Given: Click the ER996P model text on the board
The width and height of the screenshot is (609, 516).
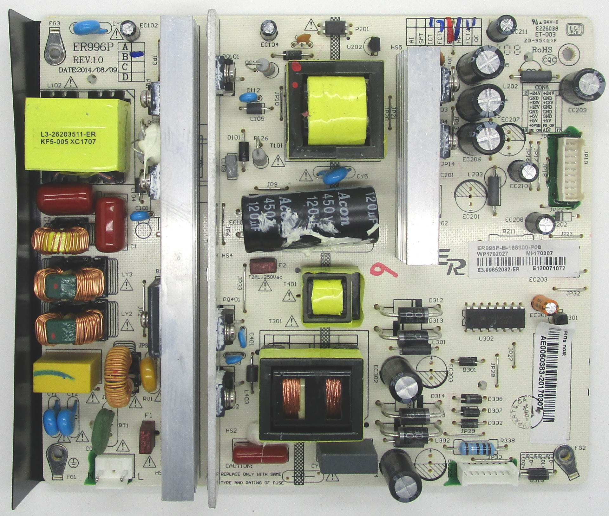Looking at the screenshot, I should tap(93, 47).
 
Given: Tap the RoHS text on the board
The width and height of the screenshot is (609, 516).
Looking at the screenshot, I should tap(542, 50).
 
